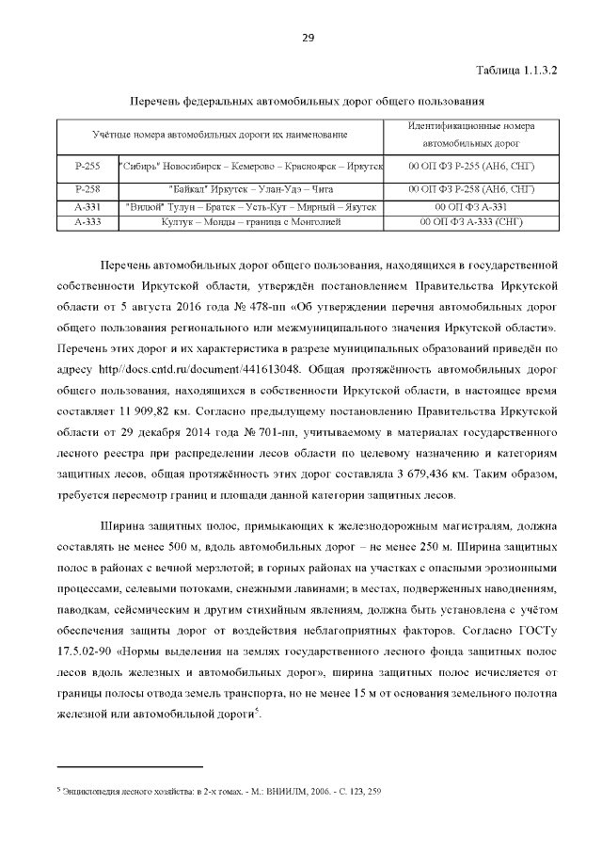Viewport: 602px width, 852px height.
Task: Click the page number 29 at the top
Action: tap(307, 38)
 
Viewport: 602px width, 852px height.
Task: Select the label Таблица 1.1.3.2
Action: tap(516, 71)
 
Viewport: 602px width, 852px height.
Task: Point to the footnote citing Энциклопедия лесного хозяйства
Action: tap(220, 792)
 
